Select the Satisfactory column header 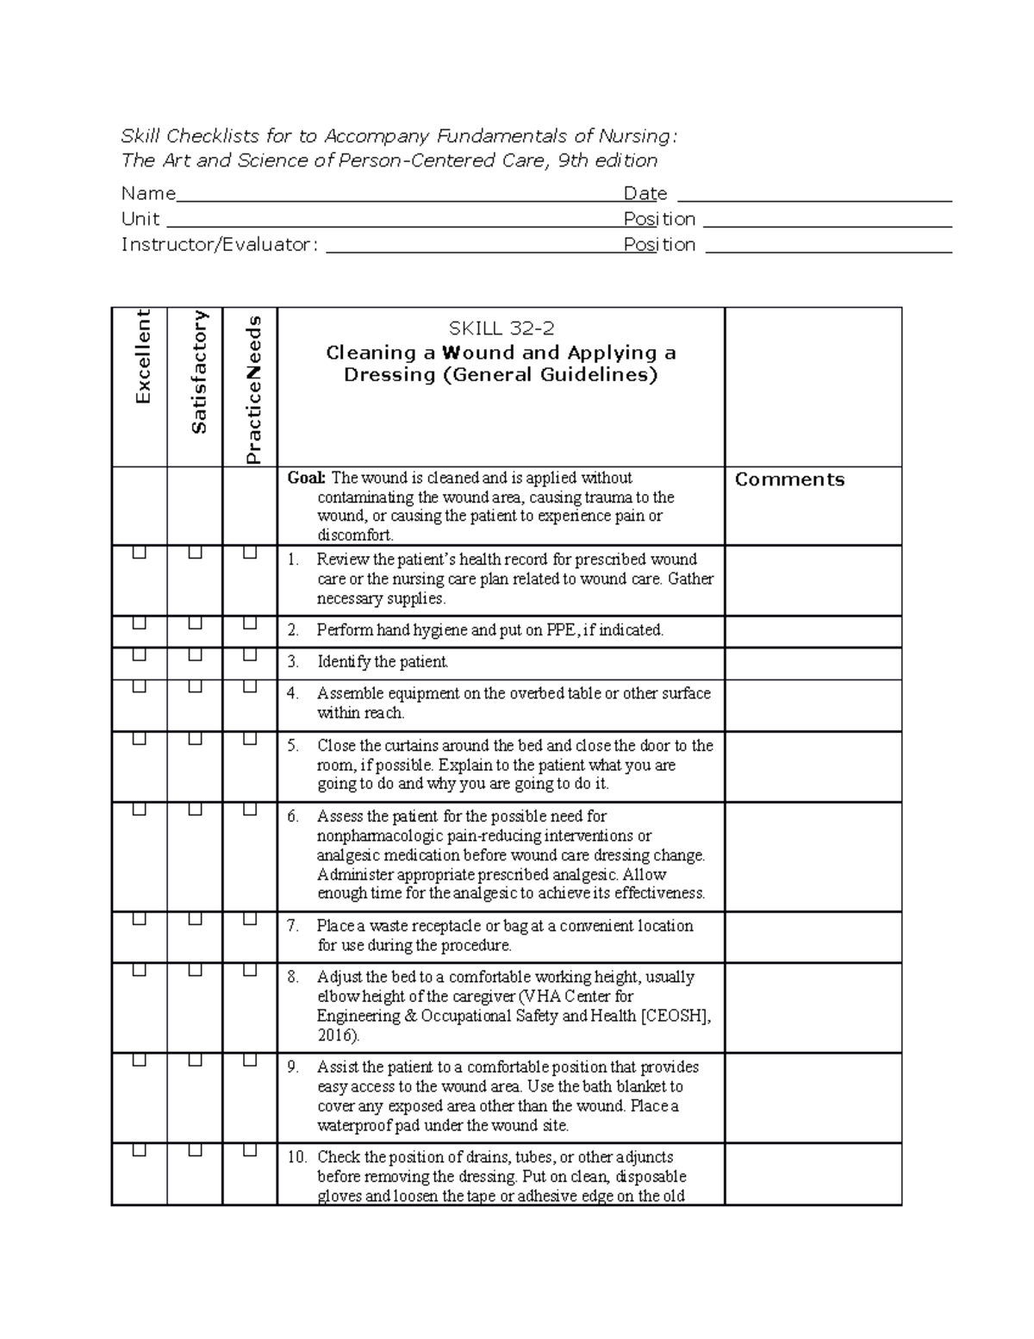[x=198, y=372]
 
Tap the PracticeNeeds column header [x=252, y=390]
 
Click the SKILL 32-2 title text [x=500, y=328]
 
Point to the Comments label [x=789, y=480]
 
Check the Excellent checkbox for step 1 [x=139, y=553]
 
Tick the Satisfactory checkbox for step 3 [x=195, y=655]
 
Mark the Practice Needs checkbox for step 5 [x=250, y=739]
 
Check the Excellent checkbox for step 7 [x=139, y=920]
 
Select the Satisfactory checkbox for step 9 [x=195, y=1061]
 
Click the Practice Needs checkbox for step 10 [x=250, y=1150]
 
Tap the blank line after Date [x=814, y=199]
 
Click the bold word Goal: [x=307, y=479]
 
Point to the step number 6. [x=293, y=817]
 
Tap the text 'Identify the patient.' [x=383, y=662]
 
